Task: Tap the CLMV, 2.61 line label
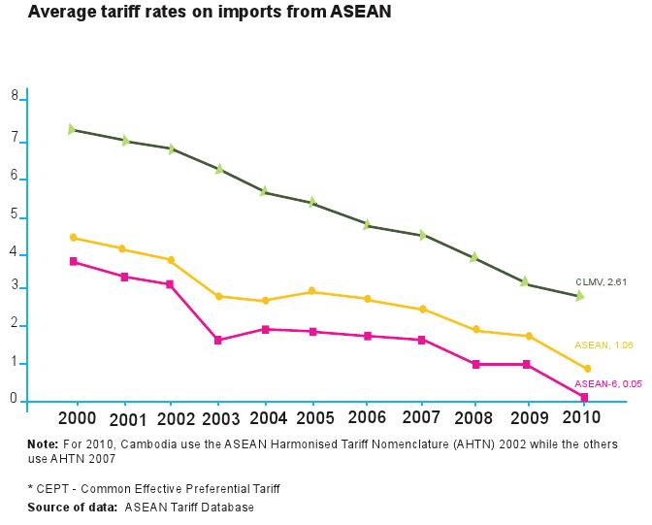tap(602, 281)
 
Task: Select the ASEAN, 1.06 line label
tap(603, 345)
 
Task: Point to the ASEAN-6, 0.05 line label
tap(601, 384)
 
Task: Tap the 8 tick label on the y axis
tap(15, 96)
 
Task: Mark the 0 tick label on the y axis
tap(15, 399)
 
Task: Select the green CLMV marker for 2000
tap(73, 129)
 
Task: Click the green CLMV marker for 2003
tap(219, 169)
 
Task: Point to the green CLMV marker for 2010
tap(579, 296)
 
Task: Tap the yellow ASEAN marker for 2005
tap(312, 291)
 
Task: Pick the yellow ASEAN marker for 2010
tap(587, 369)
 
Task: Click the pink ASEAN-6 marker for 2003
tap(218, 341)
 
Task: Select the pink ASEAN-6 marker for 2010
tap(584, 397)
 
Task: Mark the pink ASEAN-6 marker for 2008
tap(475, 365)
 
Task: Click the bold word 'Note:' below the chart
tap(44, 444)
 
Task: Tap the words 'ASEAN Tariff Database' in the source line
tap(189, 508)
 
